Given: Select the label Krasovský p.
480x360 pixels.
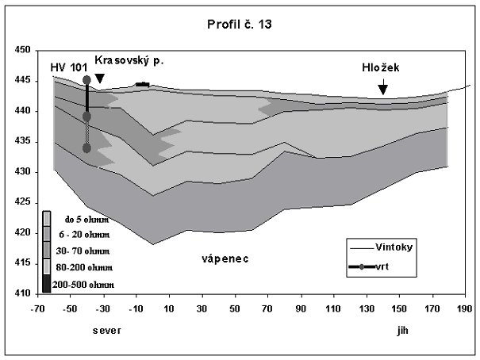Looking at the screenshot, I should click(x=129, y=60).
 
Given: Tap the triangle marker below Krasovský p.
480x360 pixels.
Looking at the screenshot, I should click(x=100, y=79).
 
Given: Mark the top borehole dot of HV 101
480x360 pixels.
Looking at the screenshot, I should click(x=86, y=80).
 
